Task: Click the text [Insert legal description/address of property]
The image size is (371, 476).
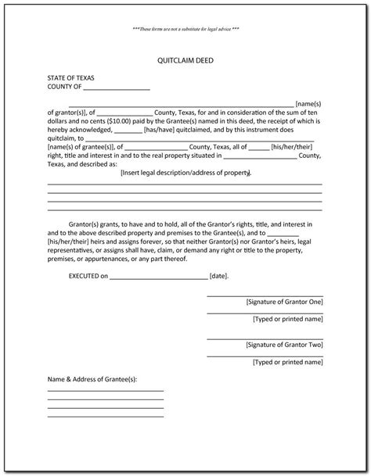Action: coord(185,174)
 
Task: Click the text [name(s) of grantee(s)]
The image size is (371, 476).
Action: coord(82,146)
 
